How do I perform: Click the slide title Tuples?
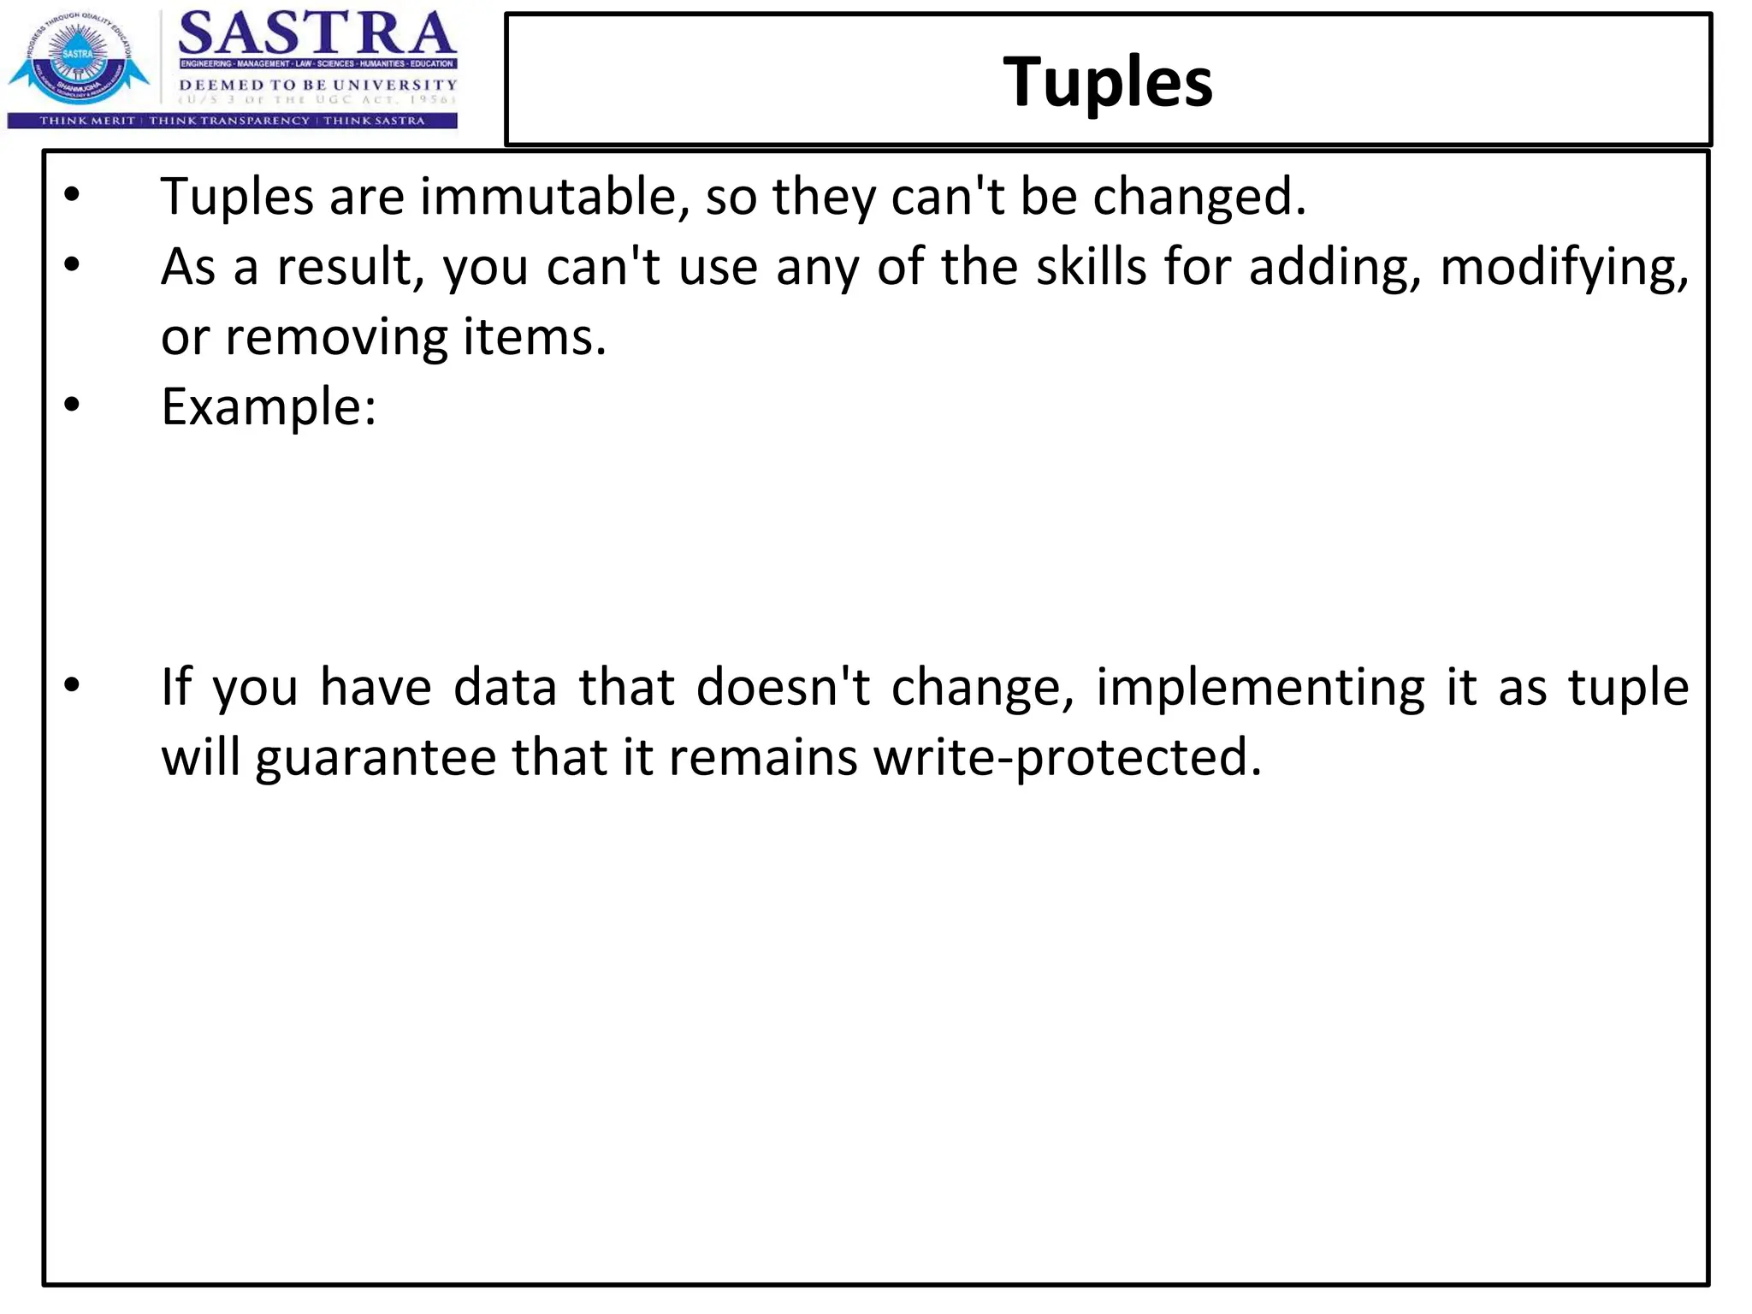1107,82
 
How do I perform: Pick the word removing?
336,337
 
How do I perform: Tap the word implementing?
1260,688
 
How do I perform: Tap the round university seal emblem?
78,62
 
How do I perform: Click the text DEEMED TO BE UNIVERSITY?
317,85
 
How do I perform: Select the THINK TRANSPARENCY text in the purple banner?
229,121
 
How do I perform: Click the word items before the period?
529,337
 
